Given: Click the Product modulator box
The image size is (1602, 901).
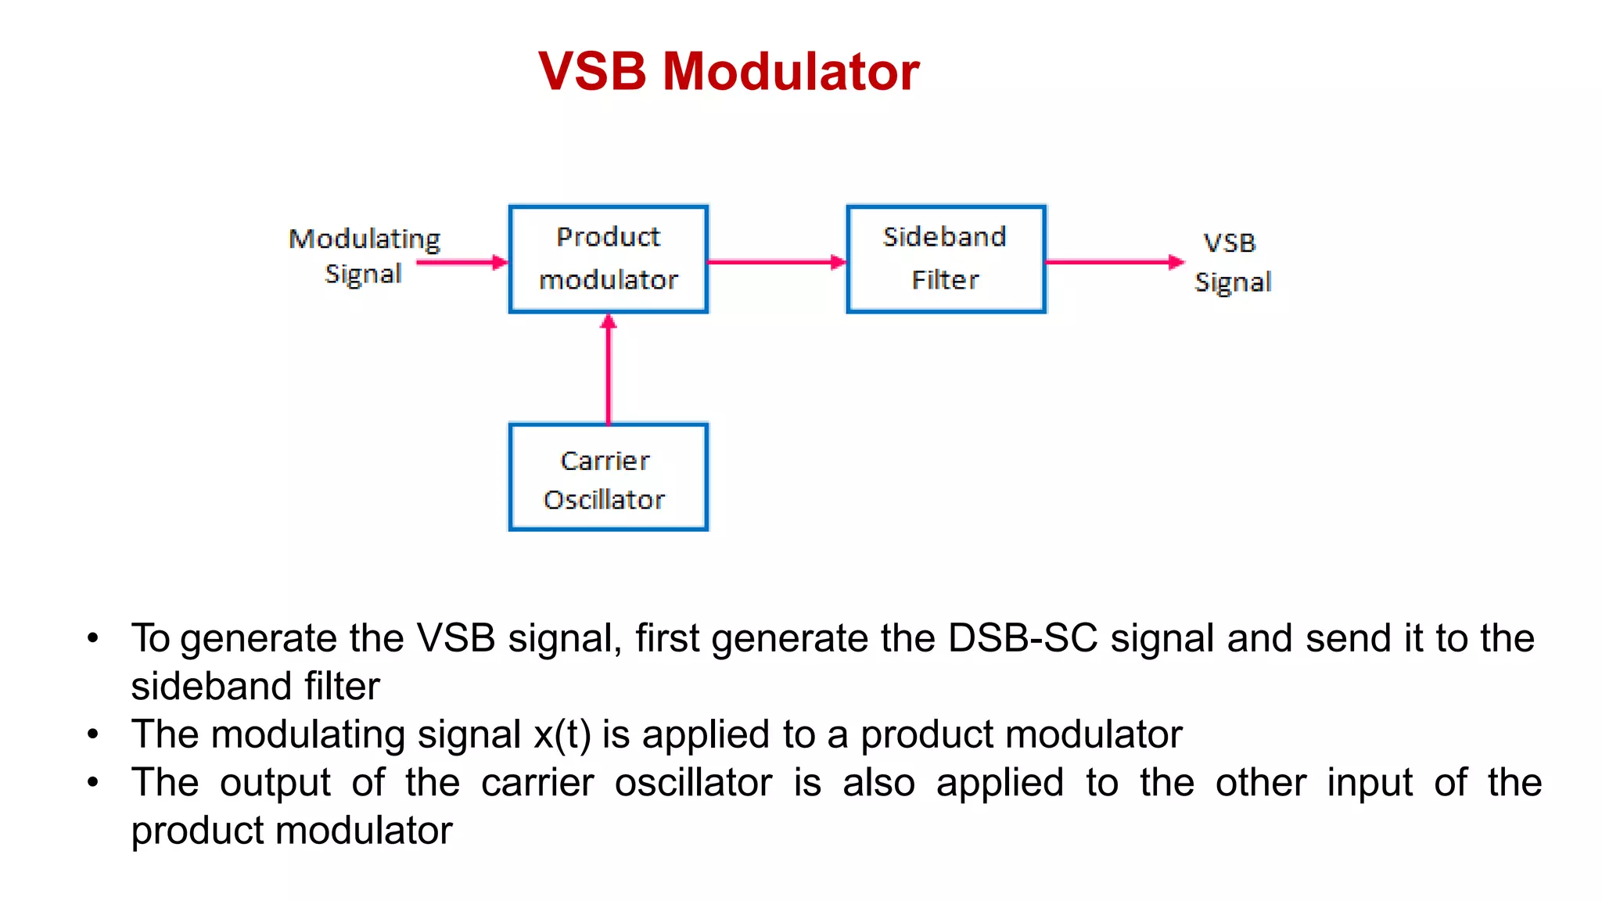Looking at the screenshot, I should coord(609,259).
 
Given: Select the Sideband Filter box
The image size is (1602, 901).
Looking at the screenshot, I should coord(946,259).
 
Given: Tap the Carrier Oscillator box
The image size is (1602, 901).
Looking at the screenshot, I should coord(609,477).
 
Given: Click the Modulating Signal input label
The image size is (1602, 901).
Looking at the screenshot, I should coord(365,256).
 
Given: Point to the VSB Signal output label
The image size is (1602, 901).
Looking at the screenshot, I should coord(1232,262).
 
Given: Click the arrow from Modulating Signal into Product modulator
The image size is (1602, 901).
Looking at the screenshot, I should coord(462,262).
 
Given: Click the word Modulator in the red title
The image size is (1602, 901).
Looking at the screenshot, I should coord(791,71).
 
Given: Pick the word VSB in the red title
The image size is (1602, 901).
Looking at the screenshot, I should coord(592,71).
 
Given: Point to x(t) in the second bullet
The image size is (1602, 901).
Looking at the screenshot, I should coord(562,734).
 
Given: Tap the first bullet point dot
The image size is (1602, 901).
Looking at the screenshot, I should coord(93,638).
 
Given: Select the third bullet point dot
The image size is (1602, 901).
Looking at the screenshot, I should coord(93,782).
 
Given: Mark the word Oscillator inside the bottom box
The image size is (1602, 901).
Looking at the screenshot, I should coord(604,500).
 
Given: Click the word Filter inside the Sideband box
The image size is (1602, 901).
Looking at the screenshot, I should coord(945,280).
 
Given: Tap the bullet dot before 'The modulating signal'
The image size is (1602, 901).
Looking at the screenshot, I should coord(93,734).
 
